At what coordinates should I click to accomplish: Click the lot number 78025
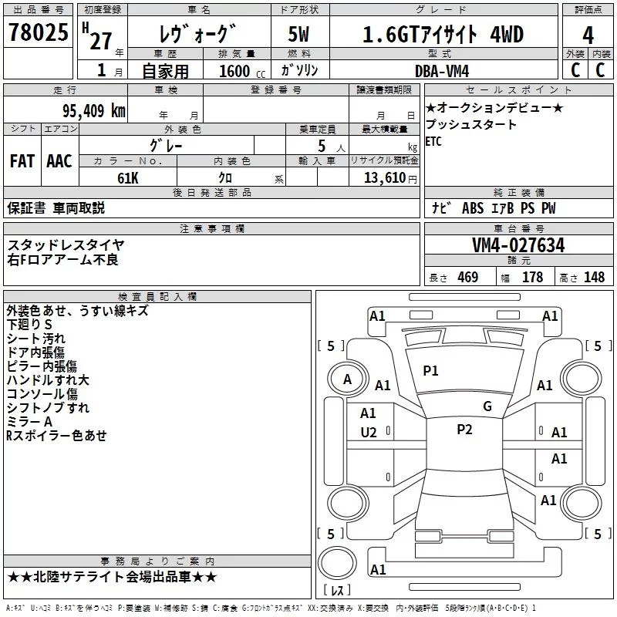coord(36,32)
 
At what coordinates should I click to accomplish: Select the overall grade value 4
coord(588,35)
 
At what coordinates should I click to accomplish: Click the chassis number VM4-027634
coord(518,245)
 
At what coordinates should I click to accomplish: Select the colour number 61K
coord(127,177)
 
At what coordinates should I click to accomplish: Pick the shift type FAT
coord(22,161)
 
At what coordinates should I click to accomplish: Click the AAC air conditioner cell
coord(59,161)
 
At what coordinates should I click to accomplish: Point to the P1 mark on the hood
coord(430,371)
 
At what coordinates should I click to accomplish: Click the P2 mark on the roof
coord(464,430)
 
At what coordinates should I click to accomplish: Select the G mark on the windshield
coord(487,406)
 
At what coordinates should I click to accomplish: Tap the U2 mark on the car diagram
coord(369,433)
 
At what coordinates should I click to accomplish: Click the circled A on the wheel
coord(347,379)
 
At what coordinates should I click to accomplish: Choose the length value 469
coord(467,278)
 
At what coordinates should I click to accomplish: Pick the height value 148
coord(594,278)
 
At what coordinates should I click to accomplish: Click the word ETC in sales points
coord(434,141)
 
